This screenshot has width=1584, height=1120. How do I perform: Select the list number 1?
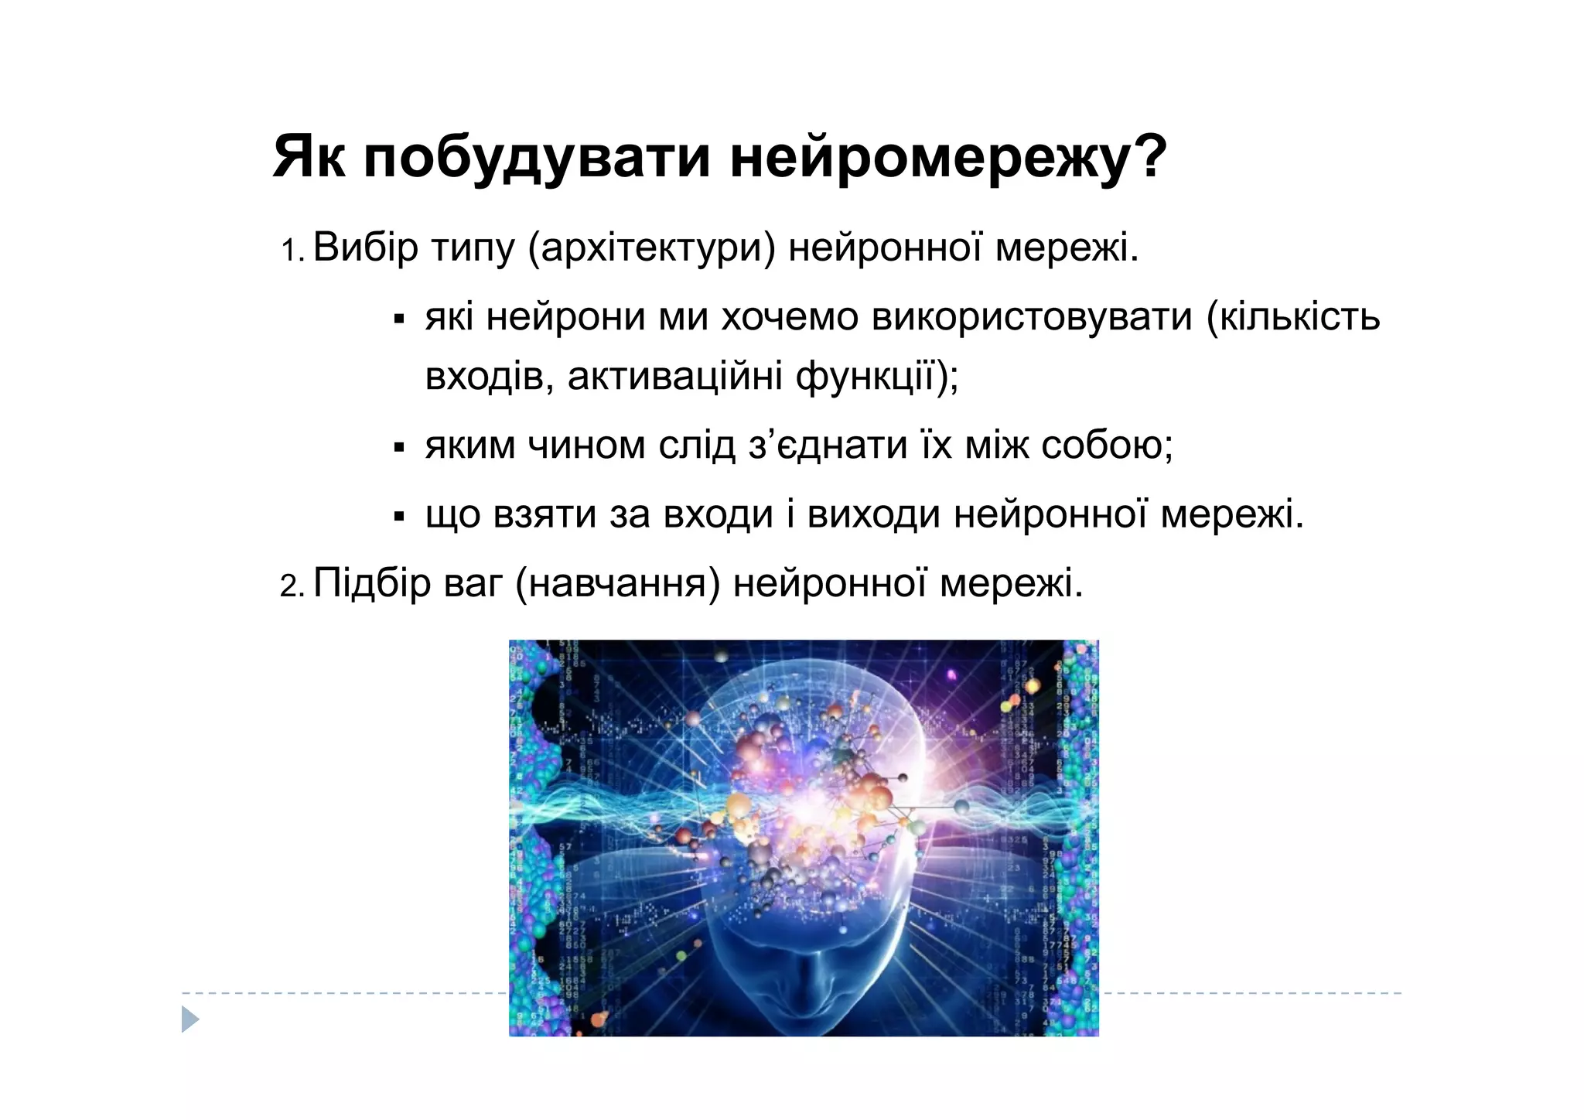click(292, 251)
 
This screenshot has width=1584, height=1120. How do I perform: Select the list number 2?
click(292, 586)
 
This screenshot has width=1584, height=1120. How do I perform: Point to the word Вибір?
click(365, 248)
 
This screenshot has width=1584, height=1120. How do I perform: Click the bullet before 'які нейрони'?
click(399, 319)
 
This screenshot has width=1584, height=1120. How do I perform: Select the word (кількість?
click(1293, 317)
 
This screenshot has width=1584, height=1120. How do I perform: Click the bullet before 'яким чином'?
click(399, 447)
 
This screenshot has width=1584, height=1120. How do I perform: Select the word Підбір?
click(372, 582)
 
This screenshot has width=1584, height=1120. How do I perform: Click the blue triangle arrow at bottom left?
click(189, 1019)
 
